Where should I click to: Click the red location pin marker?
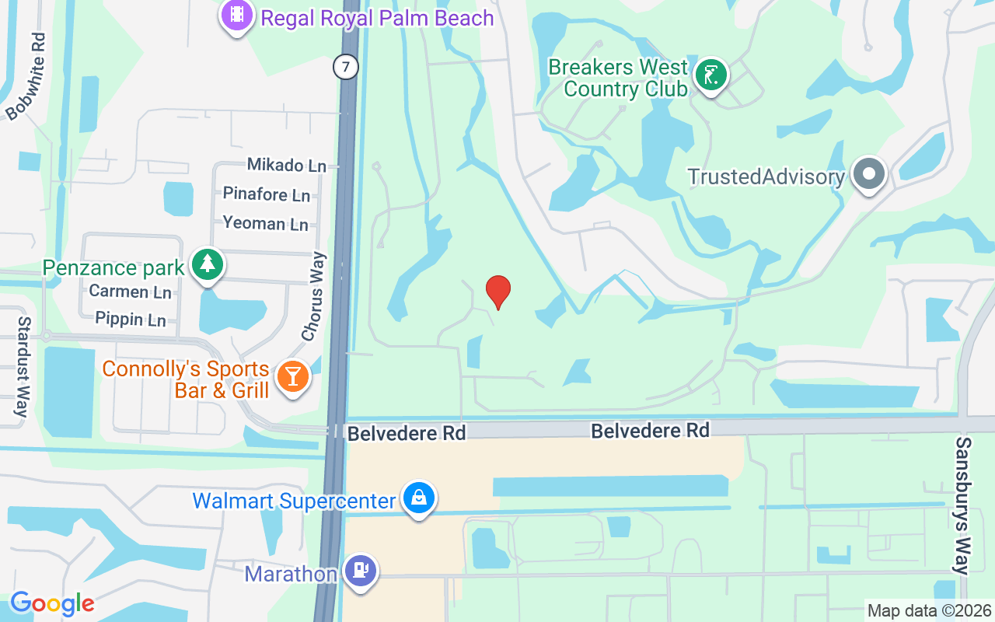pyautogui.click(x=497, y=292)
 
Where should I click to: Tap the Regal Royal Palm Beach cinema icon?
pyautogui.click(x=237, y=15)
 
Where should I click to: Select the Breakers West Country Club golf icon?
pyautogui.click(x=710, y=75)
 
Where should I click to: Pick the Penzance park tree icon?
pyautogui.click(x=207, y=265)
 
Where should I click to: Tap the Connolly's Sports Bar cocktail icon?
pyautogui.click(x=292, y=377)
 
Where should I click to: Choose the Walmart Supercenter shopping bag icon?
pyautogui.click(x=419, y=498)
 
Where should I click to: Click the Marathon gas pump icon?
pyautogui.click(x=360, y=571)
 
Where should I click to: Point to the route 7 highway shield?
pyautogui.click(x=346, y=67)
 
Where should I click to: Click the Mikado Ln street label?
pyautogui.click(x=286, y=165)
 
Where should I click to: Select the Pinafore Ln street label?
pyautogui.click(x=266, y=194)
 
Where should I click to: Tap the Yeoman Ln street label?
pyautogui.click(x=265, y=224)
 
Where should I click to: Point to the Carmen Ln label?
pyautogui.click(x=130, y=292)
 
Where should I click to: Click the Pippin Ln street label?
pyautogui.click(x=130, y=319)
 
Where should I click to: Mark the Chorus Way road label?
pyautogui.click(x=314, y=296)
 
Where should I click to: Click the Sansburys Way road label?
pyautogui.click(x=964, y=505)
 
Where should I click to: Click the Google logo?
pyautogui.click(x=52, y=603)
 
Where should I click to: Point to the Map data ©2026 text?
pyautogui.click(x=930, y=610)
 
